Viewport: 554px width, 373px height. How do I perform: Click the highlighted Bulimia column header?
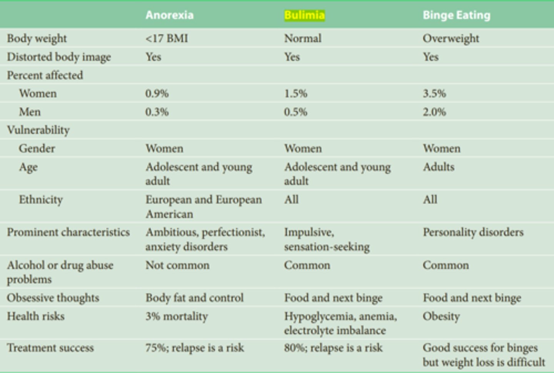304,15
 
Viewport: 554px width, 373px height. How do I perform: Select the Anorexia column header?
169,15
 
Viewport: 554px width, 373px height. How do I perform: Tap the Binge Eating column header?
456,15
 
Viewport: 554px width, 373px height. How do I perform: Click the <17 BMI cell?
167,38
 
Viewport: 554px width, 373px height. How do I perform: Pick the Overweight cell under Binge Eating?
451,38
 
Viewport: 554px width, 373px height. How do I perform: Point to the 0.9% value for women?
157,93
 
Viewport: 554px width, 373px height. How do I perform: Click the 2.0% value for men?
434,112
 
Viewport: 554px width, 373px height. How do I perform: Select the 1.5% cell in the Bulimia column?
295,93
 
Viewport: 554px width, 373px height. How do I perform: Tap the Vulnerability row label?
38,130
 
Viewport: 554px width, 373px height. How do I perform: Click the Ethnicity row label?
41,200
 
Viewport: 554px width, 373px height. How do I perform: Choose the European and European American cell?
203,206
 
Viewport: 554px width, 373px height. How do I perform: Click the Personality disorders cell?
473,232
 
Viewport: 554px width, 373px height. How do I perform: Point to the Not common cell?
177,265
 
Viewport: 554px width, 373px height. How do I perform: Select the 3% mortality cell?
177,316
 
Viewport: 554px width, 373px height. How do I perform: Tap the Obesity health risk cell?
441,316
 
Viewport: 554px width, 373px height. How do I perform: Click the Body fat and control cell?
194,298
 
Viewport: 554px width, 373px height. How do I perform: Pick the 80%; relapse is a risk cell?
333,348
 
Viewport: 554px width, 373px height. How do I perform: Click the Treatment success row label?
50,348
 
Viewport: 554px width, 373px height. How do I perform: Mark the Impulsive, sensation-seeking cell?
327,239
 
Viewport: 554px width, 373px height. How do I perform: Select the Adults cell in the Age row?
439,167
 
